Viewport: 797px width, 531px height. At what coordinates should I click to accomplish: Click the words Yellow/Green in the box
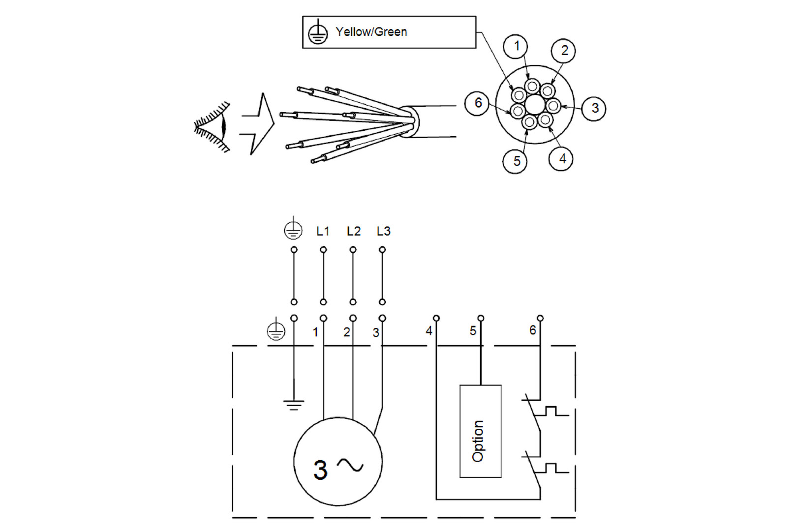(x=371, y=32)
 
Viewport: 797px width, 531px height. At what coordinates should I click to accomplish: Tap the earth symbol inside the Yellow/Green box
(x=318, y=33)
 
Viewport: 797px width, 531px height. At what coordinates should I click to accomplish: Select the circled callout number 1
(x=516, y=47)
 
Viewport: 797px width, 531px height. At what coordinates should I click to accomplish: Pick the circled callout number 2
(x=564, y=51)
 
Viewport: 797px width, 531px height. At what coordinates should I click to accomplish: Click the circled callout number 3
(x=594, y=108)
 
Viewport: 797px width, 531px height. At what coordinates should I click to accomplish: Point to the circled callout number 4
(x=561, y=159)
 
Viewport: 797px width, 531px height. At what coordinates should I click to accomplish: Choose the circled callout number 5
(x=515, y=161)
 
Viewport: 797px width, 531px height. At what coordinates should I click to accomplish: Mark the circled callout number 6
(x=477, y=103)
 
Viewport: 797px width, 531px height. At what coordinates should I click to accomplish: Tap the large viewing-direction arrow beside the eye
(x=258, y=124)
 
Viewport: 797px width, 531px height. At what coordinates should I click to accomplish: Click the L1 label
(x=323, y=231)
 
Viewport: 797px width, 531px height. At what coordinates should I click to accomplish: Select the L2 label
(x=353, y=231)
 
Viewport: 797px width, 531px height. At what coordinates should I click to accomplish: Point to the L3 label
(x=383, y=231)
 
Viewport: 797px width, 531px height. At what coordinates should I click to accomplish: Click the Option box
(x=480, y=431)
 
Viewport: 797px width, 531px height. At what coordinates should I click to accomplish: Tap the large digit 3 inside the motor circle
(x=320, y=470)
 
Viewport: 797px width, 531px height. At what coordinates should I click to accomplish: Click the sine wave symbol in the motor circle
(x=350, y=465)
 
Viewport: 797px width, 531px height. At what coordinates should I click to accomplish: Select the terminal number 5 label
(x=473, y=331)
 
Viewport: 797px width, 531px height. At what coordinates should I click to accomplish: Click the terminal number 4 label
(x=429, y=331)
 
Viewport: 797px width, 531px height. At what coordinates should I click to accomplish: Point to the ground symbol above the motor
(x=294, y=405)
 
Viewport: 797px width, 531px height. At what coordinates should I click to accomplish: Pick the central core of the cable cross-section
(x=534, y=105)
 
